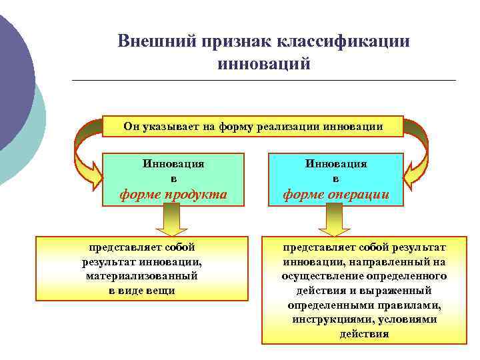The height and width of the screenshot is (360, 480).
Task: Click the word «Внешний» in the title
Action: click(155, 41)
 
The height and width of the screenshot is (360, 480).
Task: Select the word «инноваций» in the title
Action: click(264, 65)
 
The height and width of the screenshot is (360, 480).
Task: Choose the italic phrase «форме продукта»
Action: click(173, 195)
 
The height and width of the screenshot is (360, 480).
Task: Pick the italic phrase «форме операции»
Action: click(336, 195)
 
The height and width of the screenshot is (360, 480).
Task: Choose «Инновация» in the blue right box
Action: click(336, 163)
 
